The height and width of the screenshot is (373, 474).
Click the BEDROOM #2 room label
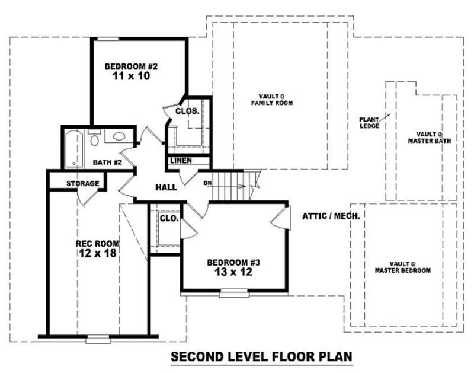(x=130, y=66)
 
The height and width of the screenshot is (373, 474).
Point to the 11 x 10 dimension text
(x=130, y=76)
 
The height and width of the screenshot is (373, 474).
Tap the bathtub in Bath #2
(x=73, y=147)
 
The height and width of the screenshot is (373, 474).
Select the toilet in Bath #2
(x=94, y=140)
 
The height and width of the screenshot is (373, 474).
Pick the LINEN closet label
(x=181, y=161)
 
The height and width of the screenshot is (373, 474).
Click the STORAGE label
(x=82, y=183)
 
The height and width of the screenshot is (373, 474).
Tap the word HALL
(x=166, y=187)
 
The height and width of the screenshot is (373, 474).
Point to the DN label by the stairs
(x=207, y=183)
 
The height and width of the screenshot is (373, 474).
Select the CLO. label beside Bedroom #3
(x=169, y=219)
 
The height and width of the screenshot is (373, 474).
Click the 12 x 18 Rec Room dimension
(x=98, y=253)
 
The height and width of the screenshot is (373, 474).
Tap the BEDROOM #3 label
(x=234, y=262)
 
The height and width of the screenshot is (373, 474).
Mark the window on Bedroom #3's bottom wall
(x=234, y=293)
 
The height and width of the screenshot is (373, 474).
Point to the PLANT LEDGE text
(x=369, y=122)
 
